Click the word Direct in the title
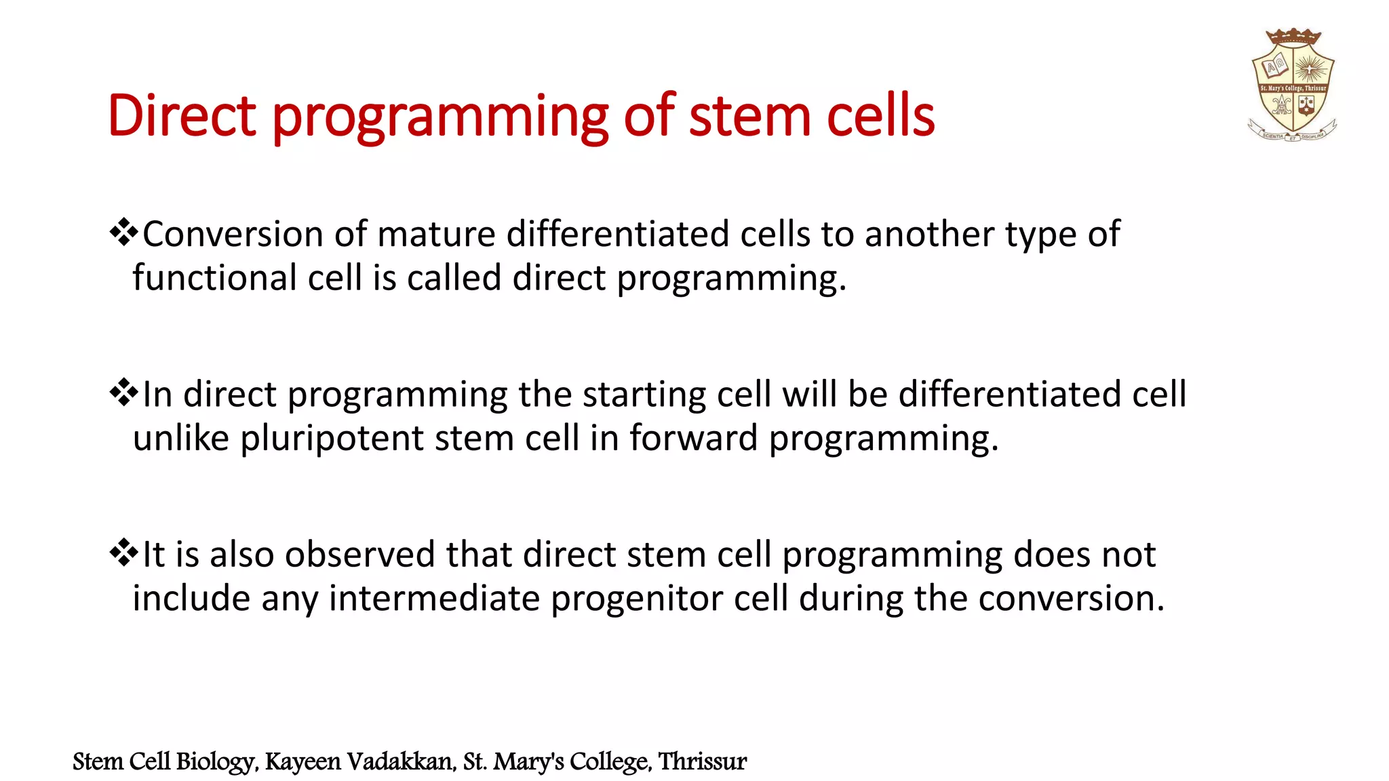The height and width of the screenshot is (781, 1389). click(182, 116)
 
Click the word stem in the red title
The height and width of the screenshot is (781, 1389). click(749, 116)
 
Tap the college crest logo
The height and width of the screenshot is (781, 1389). click(1292, 87)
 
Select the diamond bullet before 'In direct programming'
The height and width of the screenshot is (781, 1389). click(123, 393)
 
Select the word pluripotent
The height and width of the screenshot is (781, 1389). click(332, 439)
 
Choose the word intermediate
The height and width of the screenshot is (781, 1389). click(434, 599)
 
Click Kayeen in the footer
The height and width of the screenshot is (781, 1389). click(302, 762)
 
